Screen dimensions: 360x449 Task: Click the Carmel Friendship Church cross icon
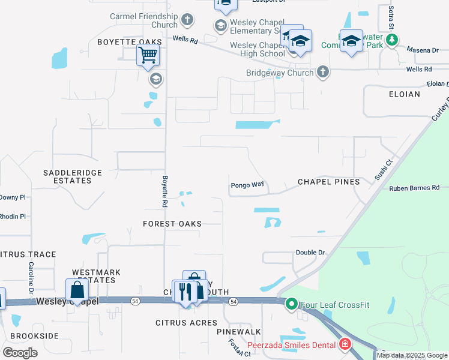tap(187, 20)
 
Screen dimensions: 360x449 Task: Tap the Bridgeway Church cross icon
tap(323, 73)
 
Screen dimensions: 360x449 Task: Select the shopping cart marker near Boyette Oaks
tap(148, 56)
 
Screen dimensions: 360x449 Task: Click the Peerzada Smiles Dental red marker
tap(345, 344)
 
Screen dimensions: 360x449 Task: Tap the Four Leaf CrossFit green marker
tap(292, 304)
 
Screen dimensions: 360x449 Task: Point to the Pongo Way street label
tap(247, 185)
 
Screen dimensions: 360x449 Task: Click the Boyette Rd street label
tap(164, 191)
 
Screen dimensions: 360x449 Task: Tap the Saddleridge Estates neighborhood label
tap(73, 176)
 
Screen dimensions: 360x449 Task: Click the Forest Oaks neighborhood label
tap(172, 223)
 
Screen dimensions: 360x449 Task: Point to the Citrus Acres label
tap(187, 323)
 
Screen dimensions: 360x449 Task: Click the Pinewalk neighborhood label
tap(239, 331)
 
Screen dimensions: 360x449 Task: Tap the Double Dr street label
tap(310, 253)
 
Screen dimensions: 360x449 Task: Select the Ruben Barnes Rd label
tap(414, 188)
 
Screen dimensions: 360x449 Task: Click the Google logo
tap(20, 352)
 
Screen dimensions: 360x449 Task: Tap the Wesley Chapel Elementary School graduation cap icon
tap(220, 25)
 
